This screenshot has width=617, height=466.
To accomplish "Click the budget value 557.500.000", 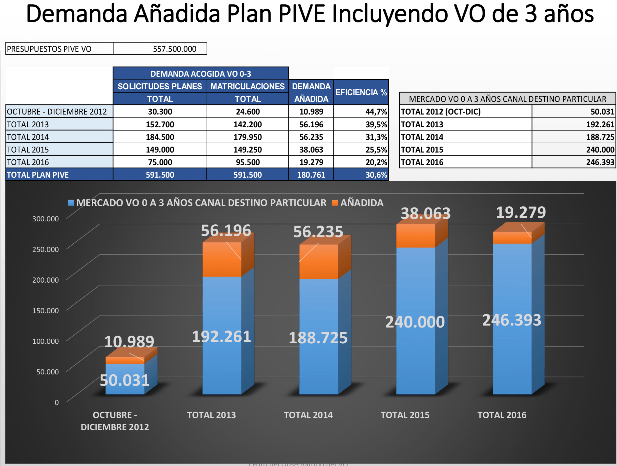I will [x=174, y=49].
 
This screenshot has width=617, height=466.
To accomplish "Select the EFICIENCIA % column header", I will [x=361, y=93].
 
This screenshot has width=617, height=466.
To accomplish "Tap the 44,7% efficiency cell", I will [x=376, y=112].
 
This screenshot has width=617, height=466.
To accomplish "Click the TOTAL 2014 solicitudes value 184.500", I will [x=160, y=137].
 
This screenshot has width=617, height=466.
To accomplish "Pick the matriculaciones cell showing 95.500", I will [x=247, y=162].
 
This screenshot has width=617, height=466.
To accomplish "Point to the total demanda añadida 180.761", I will [x=311, y=175].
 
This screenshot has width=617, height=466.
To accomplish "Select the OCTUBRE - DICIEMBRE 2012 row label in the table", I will [x=57, y=112].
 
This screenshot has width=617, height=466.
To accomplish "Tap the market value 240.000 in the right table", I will [x=600, y=150].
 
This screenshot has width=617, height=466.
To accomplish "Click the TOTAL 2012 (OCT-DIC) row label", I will [x=441, y=112].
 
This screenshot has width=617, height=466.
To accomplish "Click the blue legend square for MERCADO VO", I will [x=71, y=203].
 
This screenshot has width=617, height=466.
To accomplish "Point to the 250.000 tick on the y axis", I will [x=45, y=249].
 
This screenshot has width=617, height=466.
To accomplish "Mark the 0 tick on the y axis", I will [x=57, y=402].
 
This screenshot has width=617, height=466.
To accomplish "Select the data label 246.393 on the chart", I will [x=512, y=320].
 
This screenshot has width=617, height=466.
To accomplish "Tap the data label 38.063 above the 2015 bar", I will [x=425, y=214].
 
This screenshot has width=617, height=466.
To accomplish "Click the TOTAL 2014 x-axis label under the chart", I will [x=308, y=415].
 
